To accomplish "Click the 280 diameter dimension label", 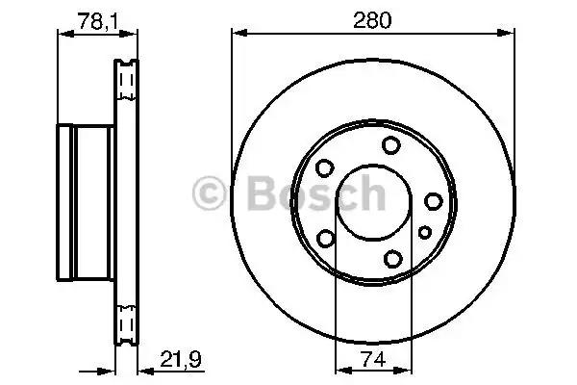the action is pos(372,20).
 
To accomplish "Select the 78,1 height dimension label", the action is pos(98,21).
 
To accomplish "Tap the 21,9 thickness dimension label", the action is pos(181,359).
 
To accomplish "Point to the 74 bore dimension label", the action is pos(373,359).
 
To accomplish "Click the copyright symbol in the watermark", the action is pos(209,193).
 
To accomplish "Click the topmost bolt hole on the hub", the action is pos(390,145).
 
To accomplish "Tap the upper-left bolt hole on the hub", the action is pos(325,168).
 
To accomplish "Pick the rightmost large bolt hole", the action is pos(434,201).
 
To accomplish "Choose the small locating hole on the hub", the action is pos(425,233).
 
